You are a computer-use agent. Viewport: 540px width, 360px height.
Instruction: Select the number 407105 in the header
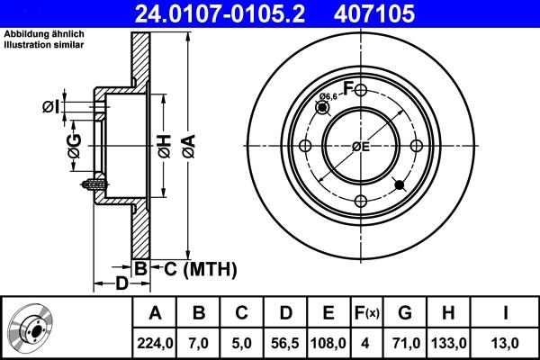(402, 13)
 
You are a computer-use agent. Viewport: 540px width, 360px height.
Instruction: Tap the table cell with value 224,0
(155, 341)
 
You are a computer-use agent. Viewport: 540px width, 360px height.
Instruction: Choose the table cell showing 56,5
(284, 341)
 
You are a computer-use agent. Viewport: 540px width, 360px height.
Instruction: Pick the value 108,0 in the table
(328, 341)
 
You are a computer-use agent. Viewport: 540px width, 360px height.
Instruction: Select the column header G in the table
(405, 313)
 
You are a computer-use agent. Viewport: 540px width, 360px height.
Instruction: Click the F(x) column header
(367, 313)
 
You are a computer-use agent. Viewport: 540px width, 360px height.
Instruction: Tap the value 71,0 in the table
(405, 341)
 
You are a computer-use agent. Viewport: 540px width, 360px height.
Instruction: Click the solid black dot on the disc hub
(400, 186)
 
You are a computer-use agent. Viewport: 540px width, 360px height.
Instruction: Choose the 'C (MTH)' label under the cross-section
(193, 268)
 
